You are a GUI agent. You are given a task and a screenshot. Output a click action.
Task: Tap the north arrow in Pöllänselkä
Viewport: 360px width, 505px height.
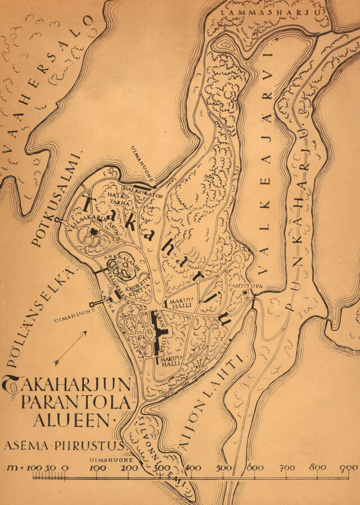[x=71, y=346]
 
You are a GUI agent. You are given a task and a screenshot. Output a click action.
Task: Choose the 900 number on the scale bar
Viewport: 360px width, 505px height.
[x=349, y=467]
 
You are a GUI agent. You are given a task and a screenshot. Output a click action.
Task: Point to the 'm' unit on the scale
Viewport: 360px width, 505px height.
[x=11, y=467]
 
